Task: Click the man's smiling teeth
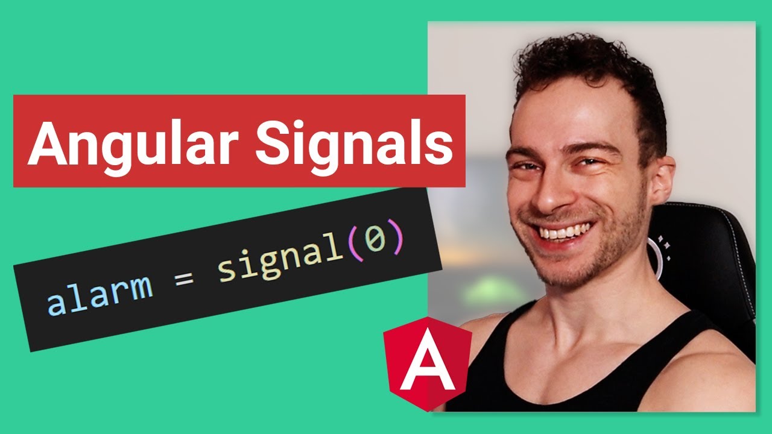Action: pyautogui.click(x=564, y=231)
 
